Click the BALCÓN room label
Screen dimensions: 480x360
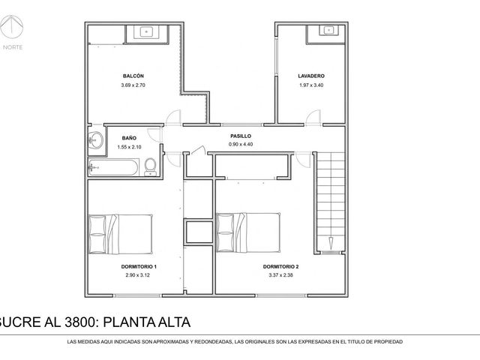[133, 76]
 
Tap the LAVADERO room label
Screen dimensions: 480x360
[311, 76]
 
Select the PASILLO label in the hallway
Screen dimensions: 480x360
[241, 136]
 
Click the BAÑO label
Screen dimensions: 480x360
[129, 138]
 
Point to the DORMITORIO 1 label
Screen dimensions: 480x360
[139, 267]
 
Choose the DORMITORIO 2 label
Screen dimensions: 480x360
[280, 267]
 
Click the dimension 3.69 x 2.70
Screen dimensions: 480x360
[133, 85]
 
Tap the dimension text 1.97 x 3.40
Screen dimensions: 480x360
[311, 85]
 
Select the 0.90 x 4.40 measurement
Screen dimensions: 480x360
[241, 144]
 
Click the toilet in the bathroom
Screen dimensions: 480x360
[150, 166]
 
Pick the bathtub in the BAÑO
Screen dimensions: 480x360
[113, 167]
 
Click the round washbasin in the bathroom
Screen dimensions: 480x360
[95, 141]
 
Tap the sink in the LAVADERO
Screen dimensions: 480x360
[328, 30]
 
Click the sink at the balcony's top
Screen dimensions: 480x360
[147, 31]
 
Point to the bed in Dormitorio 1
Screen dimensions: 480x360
[121, 234]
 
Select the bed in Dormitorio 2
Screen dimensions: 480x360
[248, 232]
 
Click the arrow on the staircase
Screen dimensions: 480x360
[331, 242]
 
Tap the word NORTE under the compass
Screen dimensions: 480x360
[13, 47]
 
